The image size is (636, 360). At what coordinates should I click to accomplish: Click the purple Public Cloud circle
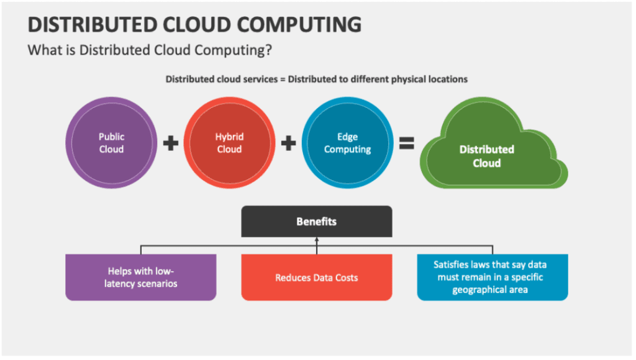(x=111, y=143)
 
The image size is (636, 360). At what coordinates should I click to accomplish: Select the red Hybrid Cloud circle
(x=229, y=143)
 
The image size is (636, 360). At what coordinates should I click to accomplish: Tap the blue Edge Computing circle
(x=347, y=143)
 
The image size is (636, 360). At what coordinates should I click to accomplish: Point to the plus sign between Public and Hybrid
(x=170, y=143)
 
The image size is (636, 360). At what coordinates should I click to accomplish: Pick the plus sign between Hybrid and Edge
(x=288, y=143)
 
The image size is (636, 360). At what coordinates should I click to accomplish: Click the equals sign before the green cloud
(x=406, y=143)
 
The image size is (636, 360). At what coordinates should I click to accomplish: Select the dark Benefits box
(x=316, y=222)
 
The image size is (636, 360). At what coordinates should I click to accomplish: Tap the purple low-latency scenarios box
(x=141, y=277)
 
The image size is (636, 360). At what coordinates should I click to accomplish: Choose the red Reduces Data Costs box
(x=316, y=277)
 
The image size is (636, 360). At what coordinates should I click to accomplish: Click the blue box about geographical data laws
(x=493, y=277)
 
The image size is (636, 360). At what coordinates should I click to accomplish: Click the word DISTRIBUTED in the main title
(x=92, y=25)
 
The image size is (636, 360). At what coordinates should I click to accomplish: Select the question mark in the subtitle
(x=268, y=50)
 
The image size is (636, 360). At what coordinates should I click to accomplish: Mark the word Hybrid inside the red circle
(x=229, y=137)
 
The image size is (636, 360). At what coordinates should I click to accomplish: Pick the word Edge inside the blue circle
(x=347, y=137)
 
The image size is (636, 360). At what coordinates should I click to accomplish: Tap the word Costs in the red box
(x=347, y=277)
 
